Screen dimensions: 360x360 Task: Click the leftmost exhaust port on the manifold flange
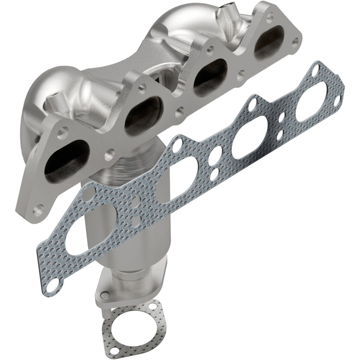click(x=66, y=160)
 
